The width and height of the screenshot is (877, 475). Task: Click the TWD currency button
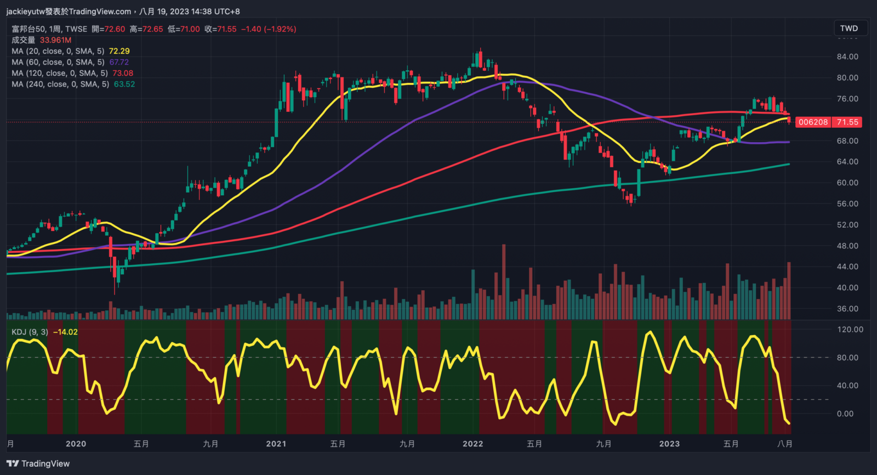click(x=848, y=29)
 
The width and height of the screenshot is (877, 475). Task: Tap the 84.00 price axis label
click(x=847, y=56)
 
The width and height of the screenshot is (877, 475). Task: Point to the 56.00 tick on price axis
click(x=847, y=203)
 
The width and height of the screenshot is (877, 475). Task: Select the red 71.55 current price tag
click(x=847, y=122)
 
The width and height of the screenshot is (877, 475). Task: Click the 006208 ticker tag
click(x=813, y=122)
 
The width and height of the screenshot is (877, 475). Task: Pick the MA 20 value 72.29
click(x=119, y=51)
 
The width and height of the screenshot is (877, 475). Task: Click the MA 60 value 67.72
click(x=119, y=62)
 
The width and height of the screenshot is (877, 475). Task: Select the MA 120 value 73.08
click(x=123, y=73)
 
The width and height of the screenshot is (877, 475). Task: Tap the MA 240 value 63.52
click(x=124, y=84)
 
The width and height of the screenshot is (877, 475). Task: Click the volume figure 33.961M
click(x=55, y=40)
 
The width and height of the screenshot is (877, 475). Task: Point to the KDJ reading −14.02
click(x=65, y=332)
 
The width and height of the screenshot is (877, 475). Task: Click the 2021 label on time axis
click(x=276, y=444)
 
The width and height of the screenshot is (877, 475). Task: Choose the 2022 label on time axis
click(x=472, y=444)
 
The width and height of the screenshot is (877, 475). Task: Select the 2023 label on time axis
click(x=669, y=444)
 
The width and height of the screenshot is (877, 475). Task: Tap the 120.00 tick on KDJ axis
click(x=850, y=330)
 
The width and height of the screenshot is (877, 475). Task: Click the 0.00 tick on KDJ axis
click(x=845, y=414)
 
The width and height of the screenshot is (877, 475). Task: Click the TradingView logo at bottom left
click(x=38, y=463)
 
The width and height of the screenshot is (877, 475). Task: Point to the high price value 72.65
click(x=153, y=29)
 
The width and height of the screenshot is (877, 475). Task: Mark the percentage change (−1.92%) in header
click(x=280, y=29)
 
